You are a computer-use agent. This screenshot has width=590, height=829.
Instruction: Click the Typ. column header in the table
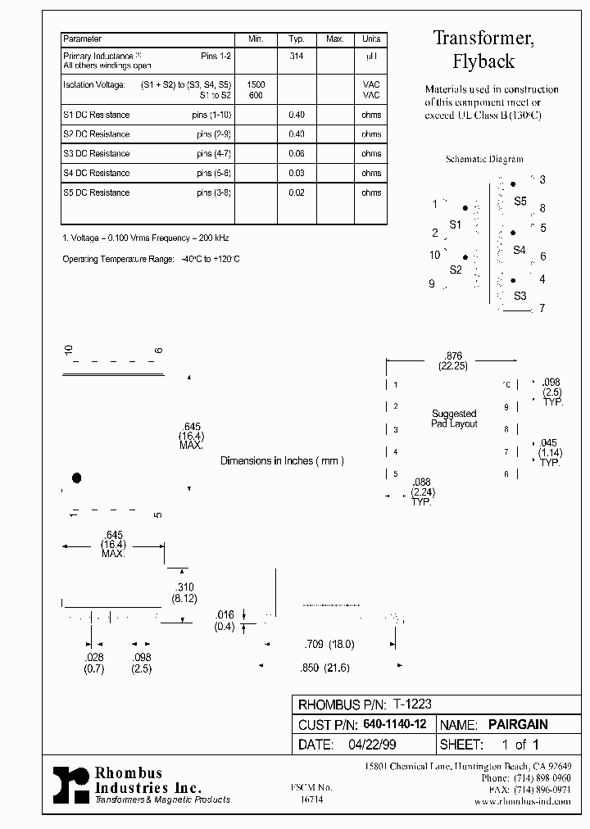[x=297, y=39]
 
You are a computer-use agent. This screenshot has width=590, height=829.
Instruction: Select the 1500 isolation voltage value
[x=256, y=85]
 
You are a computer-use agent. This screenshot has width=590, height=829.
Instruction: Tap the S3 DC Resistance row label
[x=96, y=154]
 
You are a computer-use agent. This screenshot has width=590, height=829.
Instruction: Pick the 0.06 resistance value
[x=297, y=154]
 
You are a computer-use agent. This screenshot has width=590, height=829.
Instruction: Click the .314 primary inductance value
[x=297, y=56]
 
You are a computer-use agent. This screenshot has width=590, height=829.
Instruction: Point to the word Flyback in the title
[x=483, y=61]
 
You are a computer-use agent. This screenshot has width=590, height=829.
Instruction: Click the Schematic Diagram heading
[x=483, y=160]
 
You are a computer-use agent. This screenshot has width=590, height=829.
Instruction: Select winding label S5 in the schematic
[x=520, y=201]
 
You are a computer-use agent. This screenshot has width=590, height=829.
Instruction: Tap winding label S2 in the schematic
[x=456, y=270]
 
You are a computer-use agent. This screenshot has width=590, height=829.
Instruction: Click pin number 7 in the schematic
[x=542, y=309]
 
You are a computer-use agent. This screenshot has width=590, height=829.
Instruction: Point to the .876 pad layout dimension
[x=452, y=356]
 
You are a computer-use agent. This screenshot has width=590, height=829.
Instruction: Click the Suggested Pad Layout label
[x=454, y=419]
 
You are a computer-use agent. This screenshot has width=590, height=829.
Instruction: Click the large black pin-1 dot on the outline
[x=77, y=478]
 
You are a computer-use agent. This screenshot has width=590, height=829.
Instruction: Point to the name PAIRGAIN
[x=518, y=724]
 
